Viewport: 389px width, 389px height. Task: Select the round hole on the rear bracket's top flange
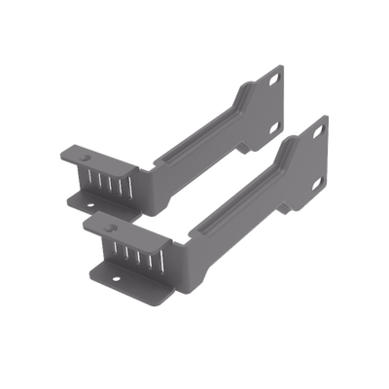86,158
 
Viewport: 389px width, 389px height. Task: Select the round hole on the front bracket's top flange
112,227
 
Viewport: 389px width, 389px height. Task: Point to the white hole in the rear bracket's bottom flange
90,205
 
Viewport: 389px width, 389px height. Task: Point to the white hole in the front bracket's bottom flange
116,279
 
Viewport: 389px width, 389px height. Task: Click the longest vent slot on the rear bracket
129,188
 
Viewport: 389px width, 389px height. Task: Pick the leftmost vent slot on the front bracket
115,249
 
